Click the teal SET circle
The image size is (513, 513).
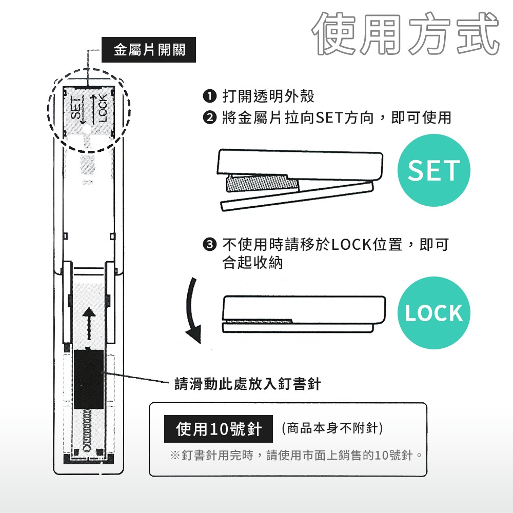click(433, 170)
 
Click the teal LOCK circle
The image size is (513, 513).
click(433, 313)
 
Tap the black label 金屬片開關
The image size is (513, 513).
click(149, 50)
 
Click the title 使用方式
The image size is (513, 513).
click(406, 33)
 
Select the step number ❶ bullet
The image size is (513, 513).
click(210, 96)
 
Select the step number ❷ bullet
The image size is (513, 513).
click(210, 117)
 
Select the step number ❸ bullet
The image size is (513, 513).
click(210, 244)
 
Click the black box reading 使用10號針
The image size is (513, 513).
click(218, 429)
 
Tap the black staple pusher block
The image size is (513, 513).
click(89, 379)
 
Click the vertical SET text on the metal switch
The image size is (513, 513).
click(76, 108)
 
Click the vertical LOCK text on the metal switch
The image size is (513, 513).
click(103, 108)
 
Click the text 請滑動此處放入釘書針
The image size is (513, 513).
click(247, 384)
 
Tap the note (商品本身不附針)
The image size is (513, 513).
click(332, 428)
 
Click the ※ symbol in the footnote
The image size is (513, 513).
click(175, 455)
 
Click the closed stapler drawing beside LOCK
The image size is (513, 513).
click(304, 314)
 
